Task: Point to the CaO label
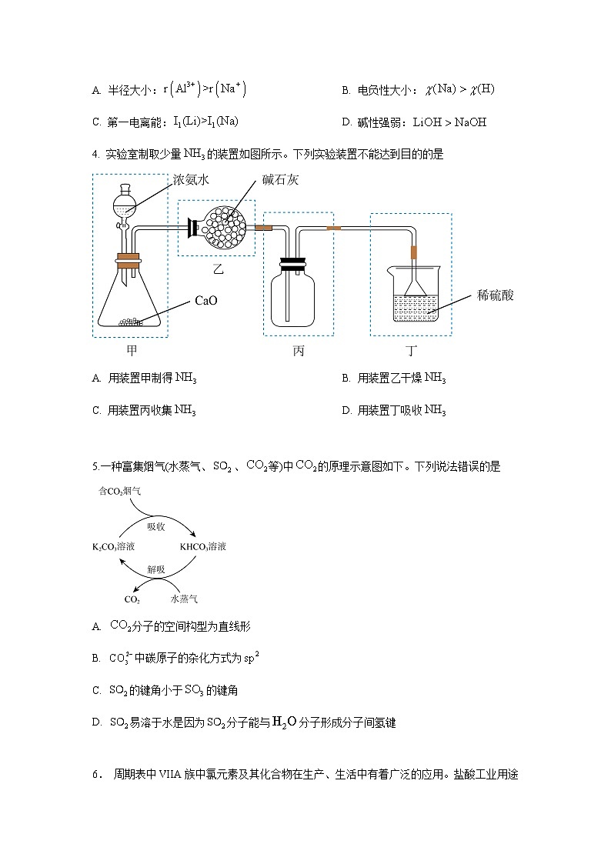coord(206,301)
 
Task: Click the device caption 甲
coord(132,351)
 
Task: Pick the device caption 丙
coord(298,351)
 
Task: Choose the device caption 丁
coord(412,351)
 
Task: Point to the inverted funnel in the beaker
coord(415,290)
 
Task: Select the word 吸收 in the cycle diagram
coord(156,526)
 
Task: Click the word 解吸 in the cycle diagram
coord(156,570)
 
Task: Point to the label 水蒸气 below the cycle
coord(184,599)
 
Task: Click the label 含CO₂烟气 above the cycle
coord(120,490)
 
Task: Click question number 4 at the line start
coord(95,154)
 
